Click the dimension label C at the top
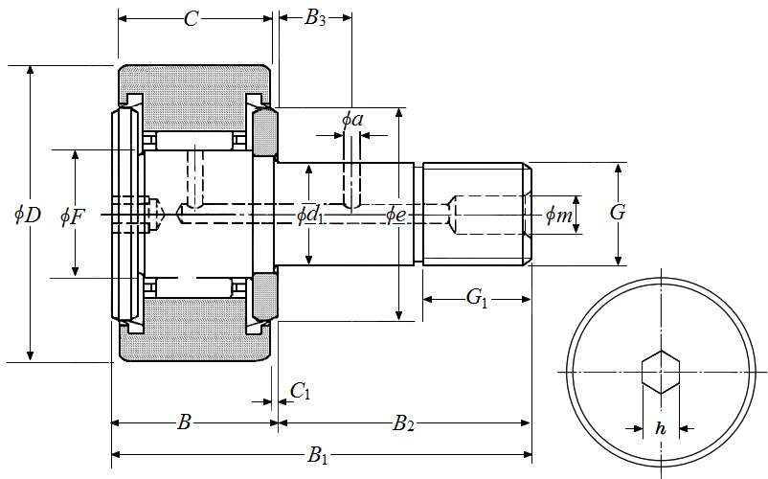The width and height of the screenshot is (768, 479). [x=192, y=18]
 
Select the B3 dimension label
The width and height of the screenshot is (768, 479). [x=315, y=18]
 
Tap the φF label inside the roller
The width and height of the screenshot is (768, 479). [x=72, y=216]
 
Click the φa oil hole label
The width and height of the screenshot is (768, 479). [x=352, y=120]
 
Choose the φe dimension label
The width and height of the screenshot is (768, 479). [x=396, y=215]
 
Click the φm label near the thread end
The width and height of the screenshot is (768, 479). [x=559, y=216]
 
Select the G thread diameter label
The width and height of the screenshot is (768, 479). [x=618, y=213]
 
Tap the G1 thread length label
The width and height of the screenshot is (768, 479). [x=477, y=298]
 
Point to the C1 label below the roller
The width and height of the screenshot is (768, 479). [x=300, y=390]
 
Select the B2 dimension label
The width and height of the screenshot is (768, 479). [x=404, y=422]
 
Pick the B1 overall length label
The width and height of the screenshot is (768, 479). [x=318, y=456]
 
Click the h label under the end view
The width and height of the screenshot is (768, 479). [x=661, y=429]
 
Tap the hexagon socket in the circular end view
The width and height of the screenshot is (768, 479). [x=660, y=372]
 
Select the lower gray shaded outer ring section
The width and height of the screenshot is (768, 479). [x=195, y=344]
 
